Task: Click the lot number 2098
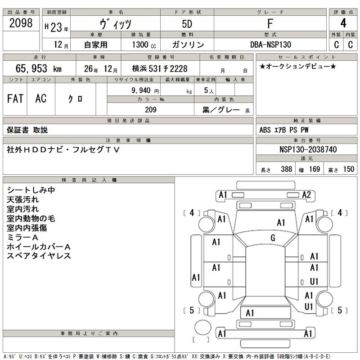[21, 24]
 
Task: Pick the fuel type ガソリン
[188, 45]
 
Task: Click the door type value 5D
[188, 24]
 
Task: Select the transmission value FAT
[15, 99]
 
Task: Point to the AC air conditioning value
[41, 99]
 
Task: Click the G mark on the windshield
[273, 238]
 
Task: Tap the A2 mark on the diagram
[307, 195]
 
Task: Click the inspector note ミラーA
[26, 237]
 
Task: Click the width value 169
[314, 170]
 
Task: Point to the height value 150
[348, 170]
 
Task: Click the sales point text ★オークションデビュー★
[297, 67]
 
